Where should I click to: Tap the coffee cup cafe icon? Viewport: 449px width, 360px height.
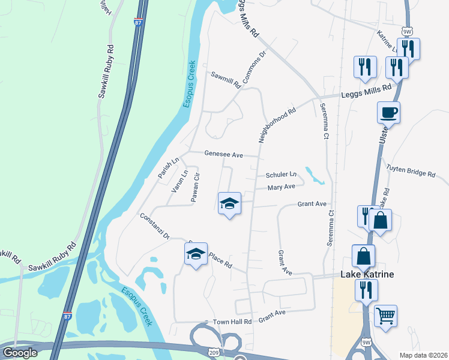(x=388, y=112)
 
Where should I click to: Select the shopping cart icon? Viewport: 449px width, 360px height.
(x=385, y=315)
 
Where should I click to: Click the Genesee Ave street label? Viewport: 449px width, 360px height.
(x=223, y=154)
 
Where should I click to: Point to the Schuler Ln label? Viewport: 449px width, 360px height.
(x=282, y=175)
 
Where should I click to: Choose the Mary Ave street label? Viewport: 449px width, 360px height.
(x=282, y=187)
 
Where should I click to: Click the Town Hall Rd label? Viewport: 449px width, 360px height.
(x=232, y=322)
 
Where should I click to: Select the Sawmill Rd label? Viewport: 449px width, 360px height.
(x=225, y=80)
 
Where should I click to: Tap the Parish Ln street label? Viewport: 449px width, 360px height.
(x=169, y=168)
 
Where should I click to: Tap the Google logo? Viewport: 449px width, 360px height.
(x=19, y=353)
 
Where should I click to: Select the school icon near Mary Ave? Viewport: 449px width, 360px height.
(x=229, y=203)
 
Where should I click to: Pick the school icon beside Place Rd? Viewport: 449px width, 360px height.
(x=196, y=254)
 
